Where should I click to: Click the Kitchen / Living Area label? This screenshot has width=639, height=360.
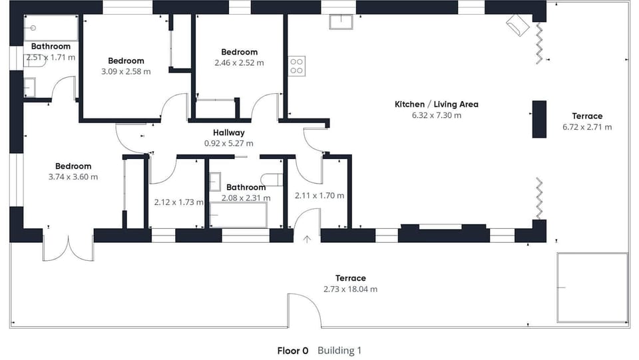[x=437, y=104]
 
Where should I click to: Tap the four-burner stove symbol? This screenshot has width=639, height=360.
[x=297, y=66]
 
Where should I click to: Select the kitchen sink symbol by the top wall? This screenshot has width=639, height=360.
[x=341, y=22]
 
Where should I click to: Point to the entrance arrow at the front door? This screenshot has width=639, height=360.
[x=307, y=239]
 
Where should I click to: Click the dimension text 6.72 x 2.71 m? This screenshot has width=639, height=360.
[x=587, y=127]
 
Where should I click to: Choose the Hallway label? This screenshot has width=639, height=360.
[x=228, y=133]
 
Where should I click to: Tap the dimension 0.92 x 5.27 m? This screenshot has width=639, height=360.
[x=228, y=143]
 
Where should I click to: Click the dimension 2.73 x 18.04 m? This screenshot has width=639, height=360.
[x=351, y=289]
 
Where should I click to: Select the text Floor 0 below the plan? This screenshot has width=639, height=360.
[x=293, y=351]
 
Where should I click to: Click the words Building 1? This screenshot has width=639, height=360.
[x=339, y=351]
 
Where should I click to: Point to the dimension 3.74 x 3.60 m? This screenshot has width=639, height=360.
[x=73, y=177]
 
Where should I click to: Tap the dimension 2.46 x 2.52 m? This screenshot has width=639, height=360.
[x=239, y=63]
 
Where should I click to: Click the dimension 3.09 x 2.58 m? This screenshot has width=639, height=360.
[x=126, y=72]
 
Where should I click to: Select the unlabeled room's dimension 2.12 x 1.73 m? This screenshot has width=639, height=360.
[x=178, y=202]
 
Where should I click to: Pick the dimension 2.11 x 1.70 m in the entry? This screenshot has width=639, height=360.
[x=319, y=196]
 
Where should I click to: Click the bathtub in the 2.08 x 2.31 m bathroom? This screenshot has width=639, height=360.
[x=238, y=215]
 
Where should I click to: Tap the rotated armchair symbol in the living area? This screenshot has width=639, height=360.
[x=518, y=25]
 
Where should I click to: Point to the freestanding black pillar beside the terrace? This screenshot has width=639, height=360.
[x=539, y=119]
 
